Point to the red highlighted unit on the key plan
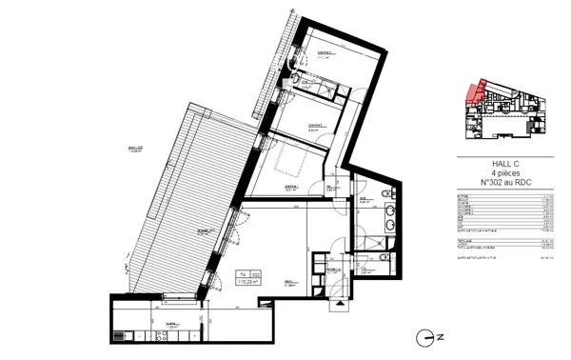pyautogui.click(x=473, y=92)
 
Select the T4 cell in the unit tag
pyautogui.click(x=242, y=275)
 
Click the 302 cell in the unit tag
pyautogui.click(x=256, y=275)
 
